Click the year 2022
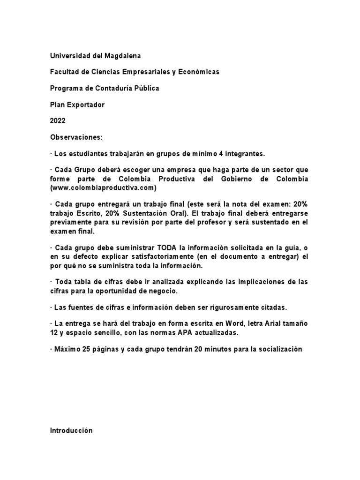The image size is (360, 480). [58, 121]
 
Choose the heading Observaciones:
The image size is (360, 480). [76, 137]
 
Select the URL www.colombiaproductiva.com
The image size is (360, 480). [103, 188]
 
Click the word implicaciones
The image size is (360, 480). [252, 282]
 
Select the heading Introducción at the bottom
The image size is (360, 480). [71, 431]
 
